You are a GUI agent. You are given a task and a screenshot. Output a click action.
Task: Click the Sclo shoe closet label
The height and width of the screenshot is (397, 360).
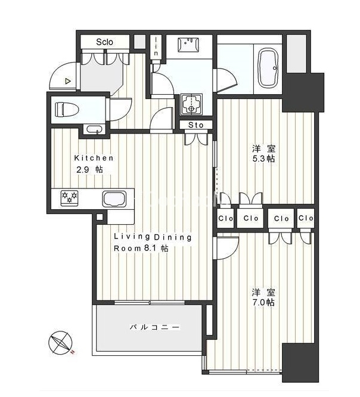[104, 42]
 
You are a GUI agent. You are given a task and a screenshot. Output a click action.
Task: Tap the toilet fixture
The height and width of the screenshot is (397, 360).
[67, 109]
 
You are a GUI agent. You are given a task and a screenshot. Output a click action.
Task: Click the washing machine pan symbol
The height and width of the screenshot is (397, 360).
[191, 104]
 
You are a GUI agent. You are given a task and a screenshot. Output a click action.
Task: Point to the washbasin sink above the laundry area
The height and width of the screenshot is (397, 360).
[188, 45]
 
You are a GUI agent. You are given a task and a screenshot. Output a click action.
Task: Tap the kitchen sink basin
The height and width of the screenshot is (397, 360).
[114, 199]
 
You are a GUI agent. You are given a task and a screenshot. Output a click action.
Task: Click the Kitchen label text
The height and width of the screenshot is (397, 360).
[94, 158]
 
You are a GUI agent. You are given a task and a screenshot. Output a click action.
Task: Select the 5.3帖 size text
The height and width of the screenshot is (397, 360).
[263, 159]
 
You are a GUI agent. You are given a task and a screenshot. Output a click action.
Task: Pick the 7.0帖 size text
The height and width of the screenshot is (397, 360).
[263, 302]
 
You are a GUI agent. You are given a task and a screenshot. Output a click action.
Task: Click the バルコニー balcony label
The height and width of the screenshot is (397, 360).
[155, 327]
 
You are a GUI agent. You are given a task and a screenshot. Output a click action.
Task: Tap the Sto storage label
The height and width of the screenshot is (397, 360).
[196, 125]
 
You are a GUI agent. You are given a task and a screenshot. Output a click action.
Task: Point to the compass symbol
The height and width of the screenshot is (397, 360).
[60, 343]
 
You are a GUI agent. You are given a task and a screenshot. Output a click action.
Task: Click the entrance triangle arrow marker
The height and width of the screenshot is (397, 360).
[67, 81]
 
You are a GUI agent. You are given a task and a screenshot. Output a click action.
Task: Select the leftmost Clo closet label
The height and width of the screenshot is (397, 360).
[225, 218]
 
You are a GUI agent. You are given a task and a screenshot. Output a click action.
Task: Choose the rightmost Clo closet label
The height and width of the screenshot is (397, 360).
[306, 218]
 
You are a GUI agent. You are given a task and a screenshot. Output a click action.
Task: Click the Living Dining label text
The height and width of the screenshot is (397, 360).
[153, 237]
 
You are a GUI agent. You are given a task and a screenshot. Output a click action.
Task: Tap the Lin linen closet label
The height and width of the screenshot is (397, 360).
[156, 46]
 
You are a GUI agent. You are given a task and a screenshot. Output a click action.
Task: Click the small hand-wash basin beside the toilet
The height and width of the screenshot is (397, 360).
[94, 129]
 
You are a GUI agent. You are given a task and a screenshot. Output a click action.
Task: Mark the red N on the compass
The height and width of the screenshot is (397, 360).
[72, 352]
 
